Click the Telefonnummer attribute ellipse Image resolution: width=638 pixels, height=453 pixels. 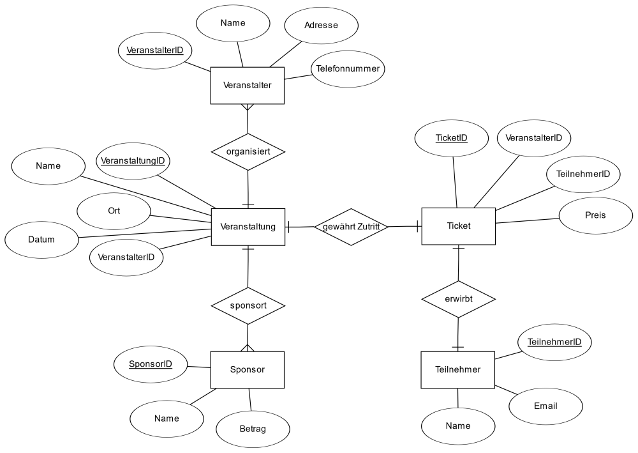point(348,69)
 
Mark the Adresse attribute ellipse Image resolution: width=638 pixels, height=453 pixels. point(322,26)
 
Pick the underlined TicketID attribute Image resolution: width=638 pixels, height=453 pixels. point(452,138)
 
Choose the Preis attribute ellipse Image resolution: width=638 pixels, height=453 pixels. point(596,215)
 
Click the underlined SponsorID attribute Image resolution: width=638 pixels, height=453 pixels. point(151,364)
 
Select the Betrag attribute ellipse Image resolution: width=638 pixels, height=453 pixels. point(253,429)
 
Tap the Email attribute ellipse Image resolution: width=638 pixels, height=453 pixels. point(545,406)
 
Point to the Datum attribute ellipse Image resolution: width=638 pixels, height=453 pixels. point(41,240)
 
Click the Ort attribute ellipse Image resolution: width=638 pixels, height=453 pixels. point(114,211)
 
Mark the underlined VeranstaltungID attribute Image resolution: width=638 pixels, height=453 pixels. point(133,161)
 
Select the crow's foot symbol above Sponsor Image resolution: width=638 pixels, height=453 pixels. point(248,348)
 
